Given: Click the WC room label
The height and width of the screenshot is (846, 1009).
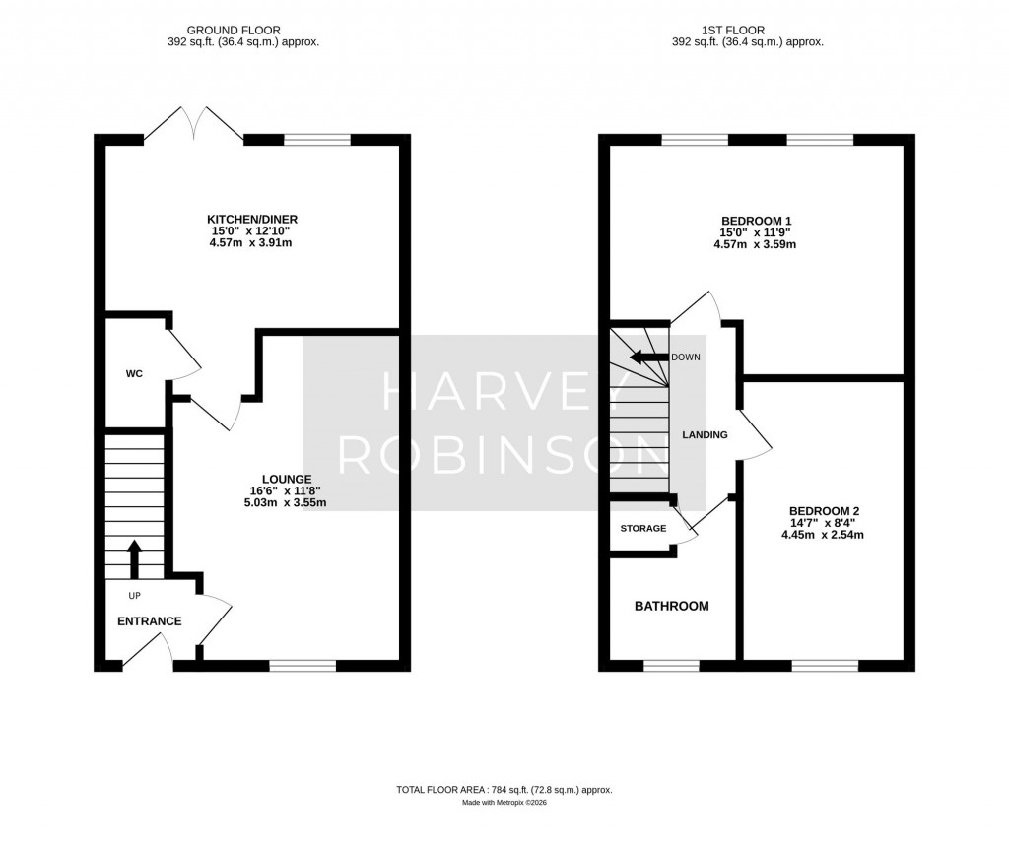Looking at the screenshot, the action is pos(134,374).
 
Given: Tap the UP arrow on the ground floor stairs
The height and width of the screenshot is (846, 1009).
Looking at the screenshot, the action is pos(134,559).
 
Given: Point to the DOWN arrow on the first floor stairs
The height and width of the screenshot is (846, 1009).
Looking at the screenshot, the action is pos(648,358).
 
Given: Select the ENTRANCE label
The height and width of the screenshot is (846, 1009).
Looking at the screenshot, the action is pos(150,621).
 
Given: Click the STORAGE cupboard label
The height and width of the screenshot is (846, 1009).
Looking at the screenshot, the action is pos(642,528).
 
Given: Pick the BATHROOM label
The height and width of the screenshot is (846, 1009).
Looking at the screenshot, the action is pos(672,606).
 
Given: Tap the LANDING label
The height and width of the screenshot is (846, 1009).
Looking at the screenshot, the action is pos(705,435).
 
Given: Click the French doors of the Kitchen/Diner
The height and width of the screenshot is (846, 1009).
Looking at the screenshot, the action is pos(194,122).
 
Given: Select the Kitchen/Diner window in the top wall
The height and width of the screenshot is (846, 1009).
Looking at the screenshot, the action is pos(317,140).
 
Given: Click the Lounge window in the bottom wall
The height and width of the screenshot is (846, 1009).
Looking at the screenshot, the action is pos(303,666).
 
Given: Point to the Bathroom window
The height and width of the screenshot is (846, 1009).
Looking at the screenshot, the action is pos(671,666).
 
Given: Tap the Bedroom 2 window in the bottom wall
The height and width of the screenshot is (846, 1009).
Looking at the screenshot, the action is pos(825,666).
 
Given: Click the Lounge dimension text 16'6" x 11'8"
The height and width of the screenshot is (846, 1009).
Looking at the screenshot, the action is pos(286,490).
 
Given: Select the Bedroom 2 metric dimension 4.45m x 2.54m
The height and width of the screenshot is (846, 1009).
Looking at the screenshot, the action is pos(823,535).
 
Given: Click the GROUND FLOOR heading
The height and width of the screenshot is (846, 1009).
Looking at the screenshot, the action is pos(234,31).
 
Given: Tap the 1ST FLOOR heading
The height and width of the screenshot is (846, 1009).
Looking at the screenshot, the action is pos(733,31).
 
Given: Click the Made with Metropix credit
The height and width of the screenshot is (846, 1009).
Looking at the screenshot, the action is pos(504,803).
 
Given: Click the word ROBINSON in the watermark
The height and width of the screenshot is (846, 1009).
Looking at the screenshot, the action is pos(504,455).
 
